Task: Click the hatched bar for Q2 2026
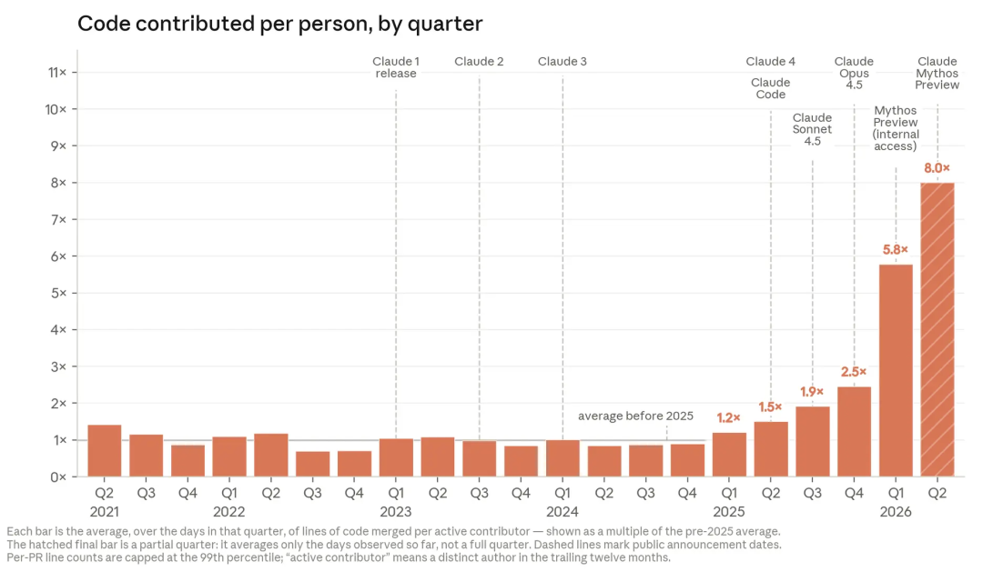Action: point(937,329)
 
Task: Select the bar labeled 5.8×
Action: point(896,371)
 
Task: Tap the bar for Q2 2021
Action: point(105,451)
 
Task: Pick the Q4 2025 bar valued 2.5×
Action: point(854,432)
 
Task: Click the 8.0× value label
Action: point(937,168)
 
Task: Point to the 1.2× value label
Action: point(728,418)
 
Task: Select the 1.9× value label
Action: point(812,392)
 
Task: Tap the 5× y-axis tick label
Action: point(59,293)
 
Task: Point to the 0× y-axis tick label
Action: point(59,477)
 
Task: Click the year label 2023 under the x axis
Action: point(396,512)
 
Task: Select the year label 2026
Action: point(896,512)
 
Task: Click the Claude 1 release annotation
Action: point(396,67)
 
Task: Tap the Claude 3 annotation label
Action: point(562,62)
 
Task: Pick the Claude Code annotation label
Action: point(771,88)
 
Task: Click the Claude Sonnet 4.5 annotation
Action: point(812,130)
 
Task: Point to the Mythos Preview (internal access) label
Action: point(896,128)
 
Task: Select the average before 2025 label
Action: point(635,416)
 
